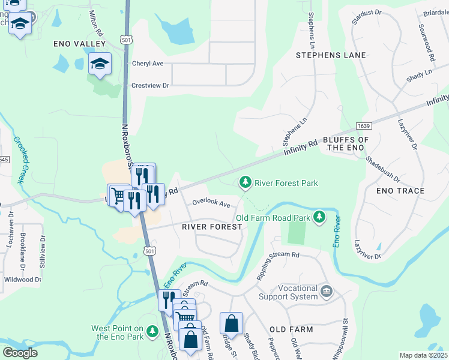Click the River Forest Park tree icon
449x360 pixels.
[x=245, y=181]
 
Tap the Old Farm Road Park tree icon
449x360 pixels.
[x=321, y=216]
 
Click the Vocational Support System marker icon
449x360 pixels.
[x=327, y=292]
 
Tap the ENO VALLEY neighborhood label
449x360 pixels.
[x=79, y=44]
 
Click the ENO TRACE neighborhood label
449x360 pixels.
[x=400, y=191]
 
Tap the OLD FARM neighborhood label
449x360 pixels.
[x=291, y=329]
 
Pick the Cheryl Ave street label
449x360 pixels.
[x=148, y=64]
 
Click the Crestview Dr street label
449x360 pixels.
[x=151, y=86]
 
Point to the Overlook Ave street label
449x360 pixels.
[x=211, y=204]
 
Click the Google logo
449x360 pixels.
[x=20, y=353]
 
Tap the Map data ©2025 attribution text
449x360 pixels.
[x=424, y=355]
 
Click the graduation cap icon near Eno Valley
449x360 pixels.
[x=100, y=63]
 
